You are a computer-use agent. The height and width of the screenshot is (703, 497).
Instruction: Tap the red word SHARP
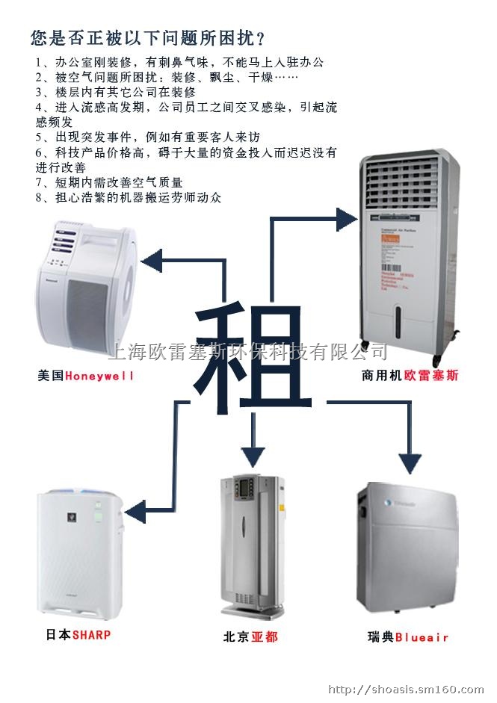pos(91,634)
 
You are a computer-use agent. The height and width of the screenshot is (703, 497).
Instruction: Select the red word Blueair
pos(422,637)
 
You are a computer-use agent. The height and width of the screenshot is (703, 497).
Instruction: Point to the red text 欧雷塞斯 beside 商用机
pos(431,376)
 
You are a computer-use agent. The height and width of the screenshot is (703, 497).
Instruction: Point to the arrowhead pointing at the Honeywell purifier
pos(152,261)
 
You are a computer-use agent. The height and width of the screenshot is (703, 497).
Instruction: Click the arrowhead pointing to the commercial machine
pos(347,219)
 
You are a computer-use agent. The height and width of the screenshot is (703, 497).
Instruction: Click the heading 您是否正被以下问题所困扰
pos(148,37)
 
